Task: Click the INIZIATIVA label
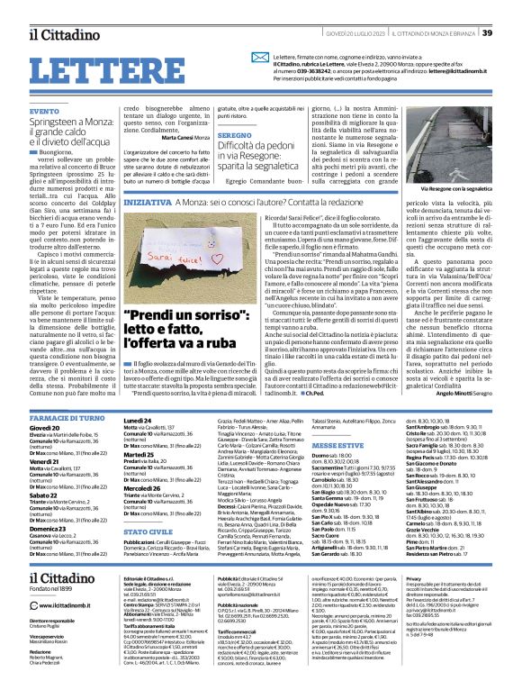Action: [x=143, y=204]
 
